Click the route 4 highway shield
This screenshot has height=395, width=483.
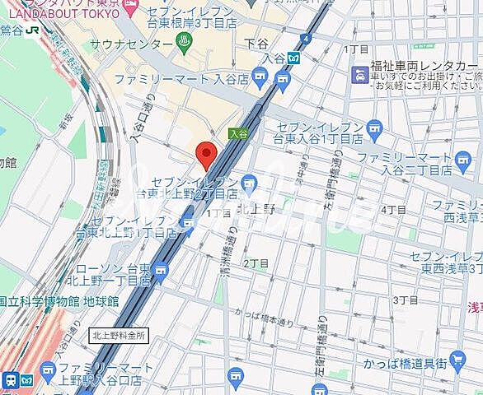pos(306,38)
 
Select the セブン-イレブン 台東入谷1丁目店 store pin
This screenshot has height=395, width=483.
pos(375,128)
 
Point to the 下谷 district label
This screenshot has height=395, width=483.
pos(258,42)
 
